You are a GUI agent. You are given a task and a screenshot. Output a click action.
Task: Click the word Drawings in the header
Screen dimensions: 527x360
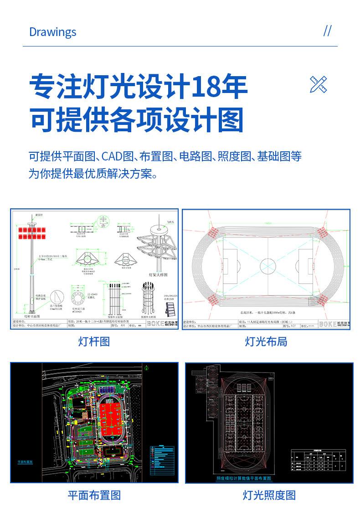(x=52, y=32)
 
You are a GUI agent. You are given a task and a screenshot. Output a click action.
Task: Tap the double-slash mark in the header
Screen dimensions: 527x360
(x=327, y=31)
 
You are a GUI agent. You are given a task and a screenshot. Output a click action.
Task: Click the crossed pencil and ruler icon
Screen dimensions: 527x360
(x=318, y=84)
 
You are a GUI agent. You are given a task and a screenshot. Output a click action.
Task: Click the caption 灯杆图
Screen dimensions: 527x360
(x=94, y=341)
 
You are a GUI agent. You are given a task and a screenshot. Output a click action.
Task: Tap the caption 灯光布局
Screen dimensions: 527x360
(x=266, y=341)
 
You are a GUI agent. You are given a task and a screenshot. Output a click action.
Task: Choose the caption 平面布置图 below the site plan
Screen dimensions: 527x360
(x=94, y=495)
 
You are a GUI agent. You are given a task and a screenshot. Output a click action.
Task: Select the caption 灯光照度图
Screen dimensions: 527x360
(x=269, y=495)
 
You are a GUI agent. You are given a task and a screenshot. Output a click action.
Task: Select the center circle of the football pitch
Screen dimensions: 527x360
(x=267, y=265)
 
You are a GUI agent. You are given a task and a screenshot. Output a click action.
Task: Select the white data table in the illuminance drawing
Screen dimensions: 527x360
(x=318, y=461)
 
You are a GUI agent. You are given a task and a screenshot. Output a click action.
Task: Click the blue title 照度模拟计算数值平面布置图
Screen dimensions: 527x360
(x=243, y=478)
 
